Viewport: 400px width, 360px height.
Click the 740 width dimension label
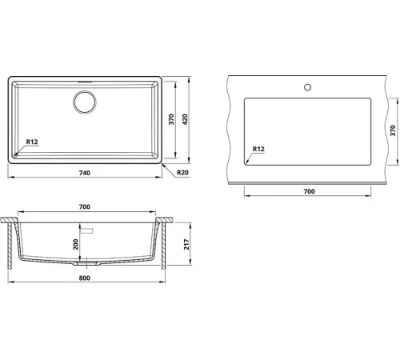click(85, 173)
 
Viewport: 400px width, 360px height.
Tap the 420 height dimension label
click(185, 119)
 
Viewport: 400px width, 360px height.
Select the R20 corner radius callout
click(182, 173)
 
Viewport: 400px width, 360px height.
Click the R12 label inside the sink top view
click(32, 142)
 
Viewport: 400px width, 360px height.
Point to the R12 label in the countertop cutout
click(258, 149)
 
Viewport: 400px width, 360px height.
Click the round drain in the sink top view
click(85, 102)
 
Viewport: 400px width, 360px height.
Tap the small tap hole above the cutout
click(307, 87)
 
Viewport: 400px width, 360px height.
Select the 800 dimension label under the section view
click(85, 278)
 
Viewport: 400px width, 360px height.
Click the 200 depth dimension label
click(76, 244)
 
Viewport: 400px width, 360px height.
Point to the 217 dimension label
click(186, 244)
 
